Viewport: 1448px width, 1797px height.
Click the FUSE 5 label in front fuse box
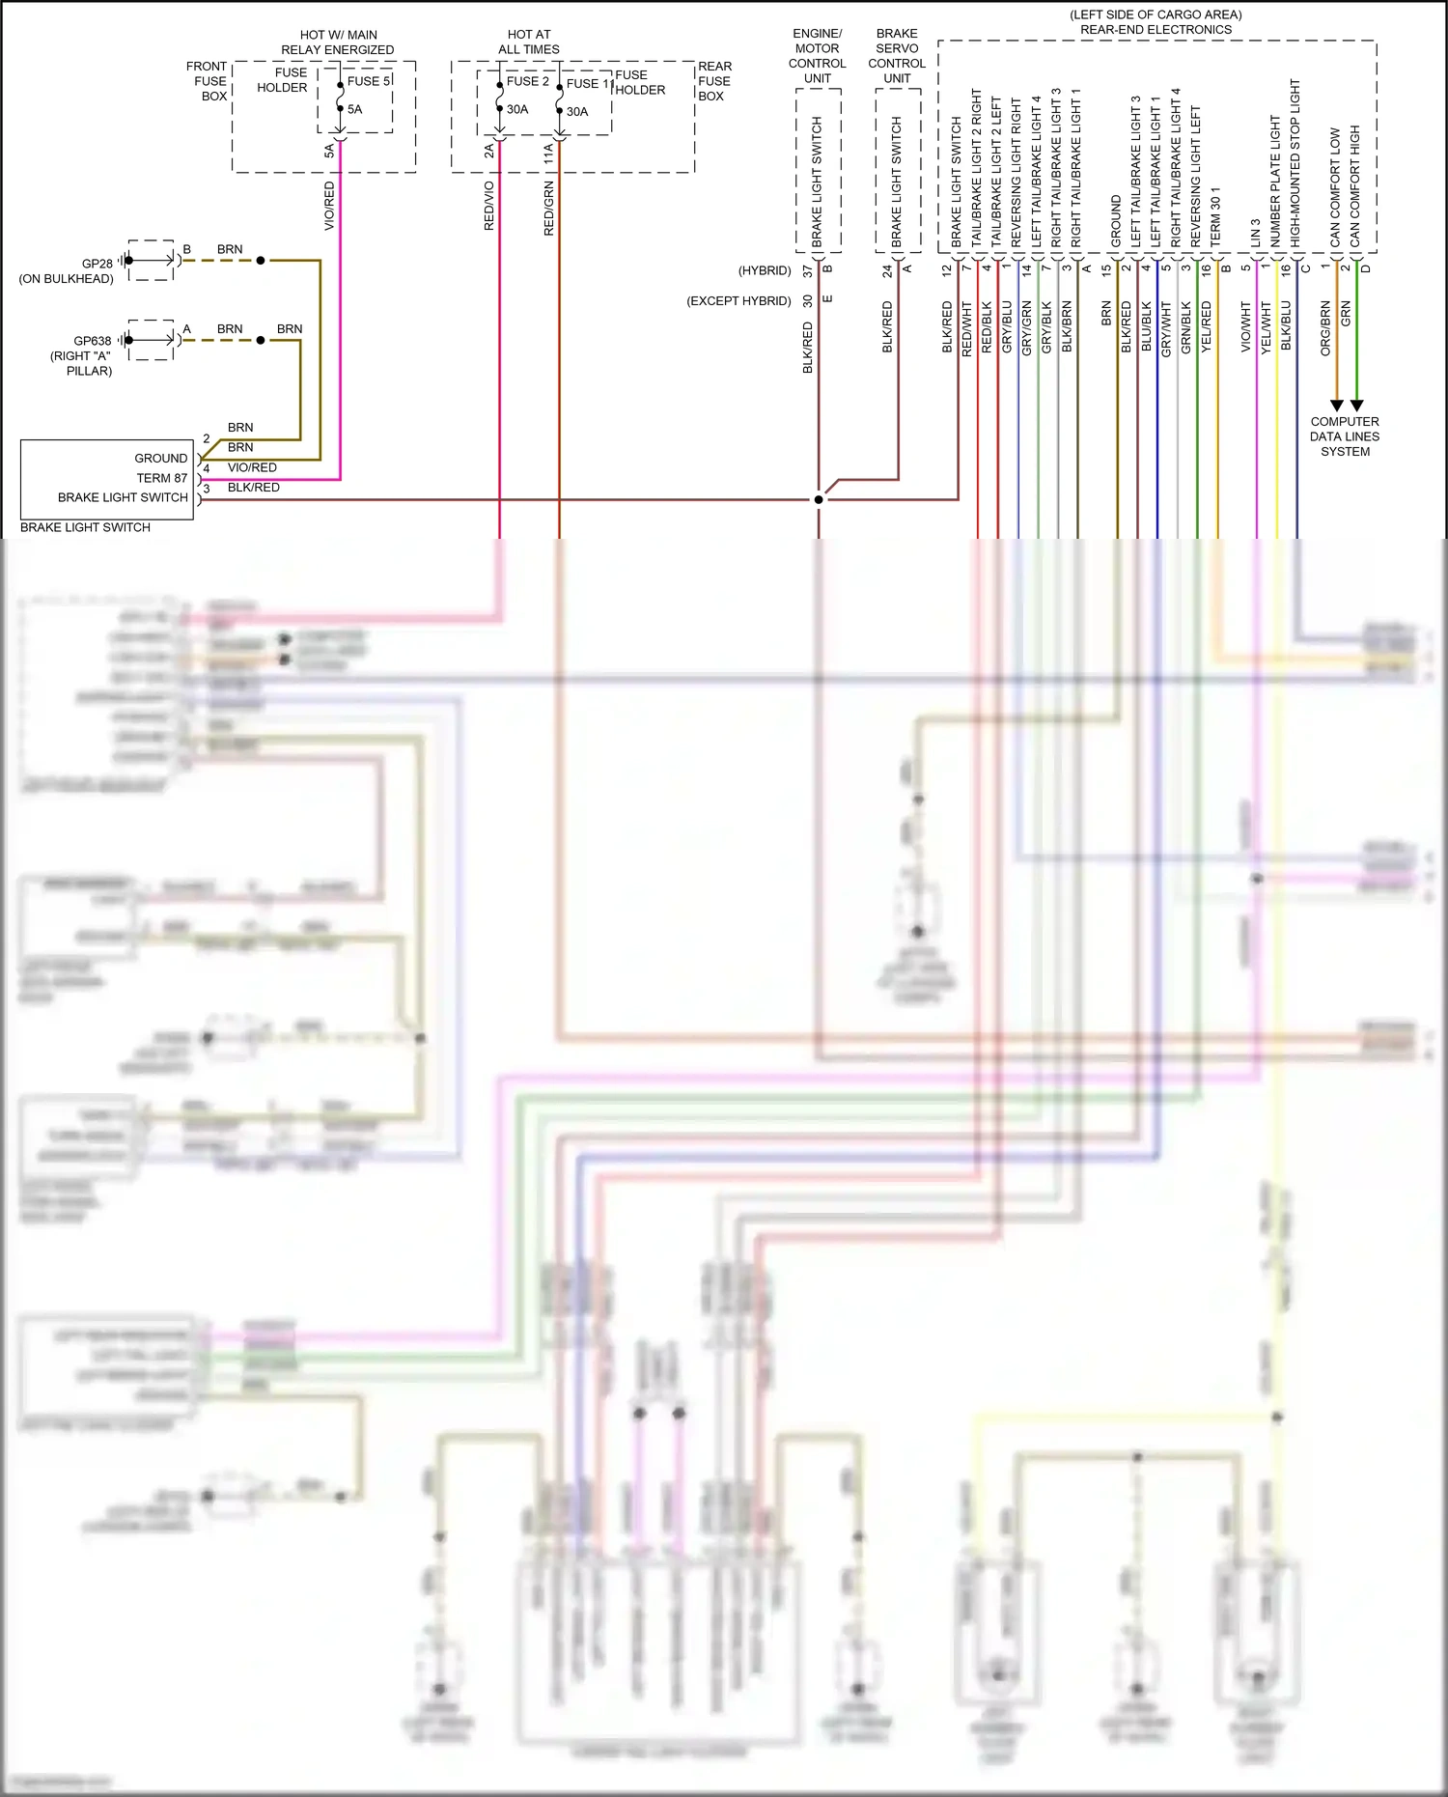tap(368, 81)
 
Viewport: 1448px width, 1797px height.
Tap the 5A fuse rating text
tap(355, 109)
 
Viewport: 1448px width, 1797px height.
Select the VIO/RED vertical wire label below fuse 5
tap(329, 206)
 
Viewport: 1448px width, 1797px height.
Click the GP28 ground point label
tap(97, 263)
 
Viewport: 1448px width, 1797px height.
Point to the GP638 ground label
tap(93, 340)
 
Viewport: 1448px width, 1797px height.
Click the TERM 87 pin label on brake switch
tap(161, 478)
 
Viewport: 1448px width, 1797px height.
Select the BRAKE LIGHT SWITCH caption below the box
tap(85, 527)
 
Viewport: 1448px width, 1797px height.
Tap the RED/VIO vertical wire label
tap(489, 205)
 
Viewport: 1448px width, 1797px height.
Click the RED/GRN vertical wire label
tap(549, 209)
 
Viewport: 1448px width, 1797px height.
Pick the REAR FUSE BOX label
tap(714, 81)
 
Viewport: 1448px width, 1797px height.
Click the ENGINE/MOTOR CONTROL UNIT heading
tap(817, 56)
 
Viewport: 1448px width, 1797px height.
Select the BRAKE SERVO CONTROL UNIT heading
tap(897, 56)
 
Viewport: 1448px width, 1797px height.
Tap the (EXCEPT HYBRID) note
tap(738, 300)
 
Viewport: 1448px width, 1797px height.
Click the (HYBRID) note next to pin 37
tap(765, 270)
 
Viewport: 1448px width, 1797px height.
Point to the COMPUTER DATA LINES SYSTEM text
tap(1345, 436)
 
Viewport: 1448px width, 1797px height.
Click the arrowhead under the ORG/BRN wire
tap(1336, 406)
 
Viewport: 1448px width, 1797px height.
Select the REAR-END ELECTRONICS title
tap(1156, 29)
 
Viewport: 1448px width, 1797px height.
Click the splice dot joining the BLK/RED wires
tap(819, 499)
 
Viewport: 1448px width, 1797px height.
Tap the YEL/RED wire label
tap(1207, 326)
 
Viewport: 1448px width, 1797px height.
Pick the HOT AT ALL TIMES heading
tap(529, 42)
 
